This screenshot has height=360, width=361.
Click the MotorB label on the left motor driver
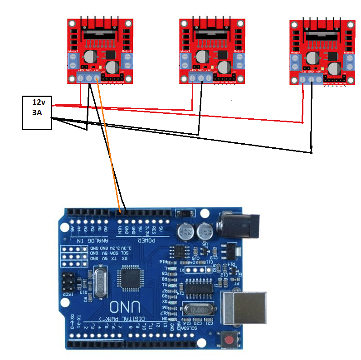point(127,51)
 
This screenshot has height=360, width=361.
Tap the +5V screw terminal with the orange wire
point(97,78)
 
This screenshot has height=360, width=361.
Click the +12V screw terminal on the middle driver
point(192,78)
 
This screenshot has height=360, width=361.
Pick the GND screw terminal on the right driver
point(312,80)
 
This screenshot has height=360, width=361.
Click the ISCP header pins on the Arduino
point(69,282)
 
